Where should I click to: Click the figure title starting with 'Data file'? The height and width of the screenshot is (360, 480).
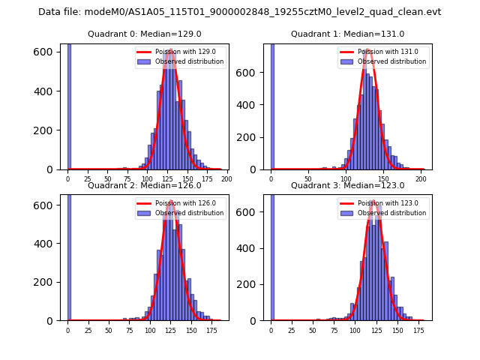pos(240,12)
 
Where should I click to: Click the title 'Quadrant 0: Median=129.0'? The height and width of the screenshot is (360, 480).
pos(145,34)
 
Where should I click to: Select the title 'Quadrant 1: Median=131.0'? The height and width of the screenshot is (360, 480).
pos(347,34)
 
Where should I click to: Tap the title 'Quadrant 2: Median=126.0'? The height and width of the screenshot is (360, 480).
pos(145,185)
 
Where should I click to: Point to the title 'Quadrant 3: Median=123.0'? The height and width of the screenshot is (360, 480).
pos(347,185)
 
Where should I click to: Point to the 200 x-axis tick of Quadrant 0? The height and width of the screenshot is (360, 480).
pos(226,179)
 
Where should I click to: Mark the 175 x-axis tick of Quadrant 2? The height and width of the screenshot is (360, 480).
pos(212,330)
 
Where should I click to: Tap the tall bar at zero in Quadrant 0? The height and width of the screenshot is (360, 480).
pos(69,105)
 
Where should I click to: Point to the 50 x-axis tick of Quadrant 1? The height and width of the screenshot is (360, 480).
pos(308,179)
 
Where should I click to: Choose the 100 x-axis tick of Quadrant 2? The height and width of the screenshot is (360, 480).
pos(151,330)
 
